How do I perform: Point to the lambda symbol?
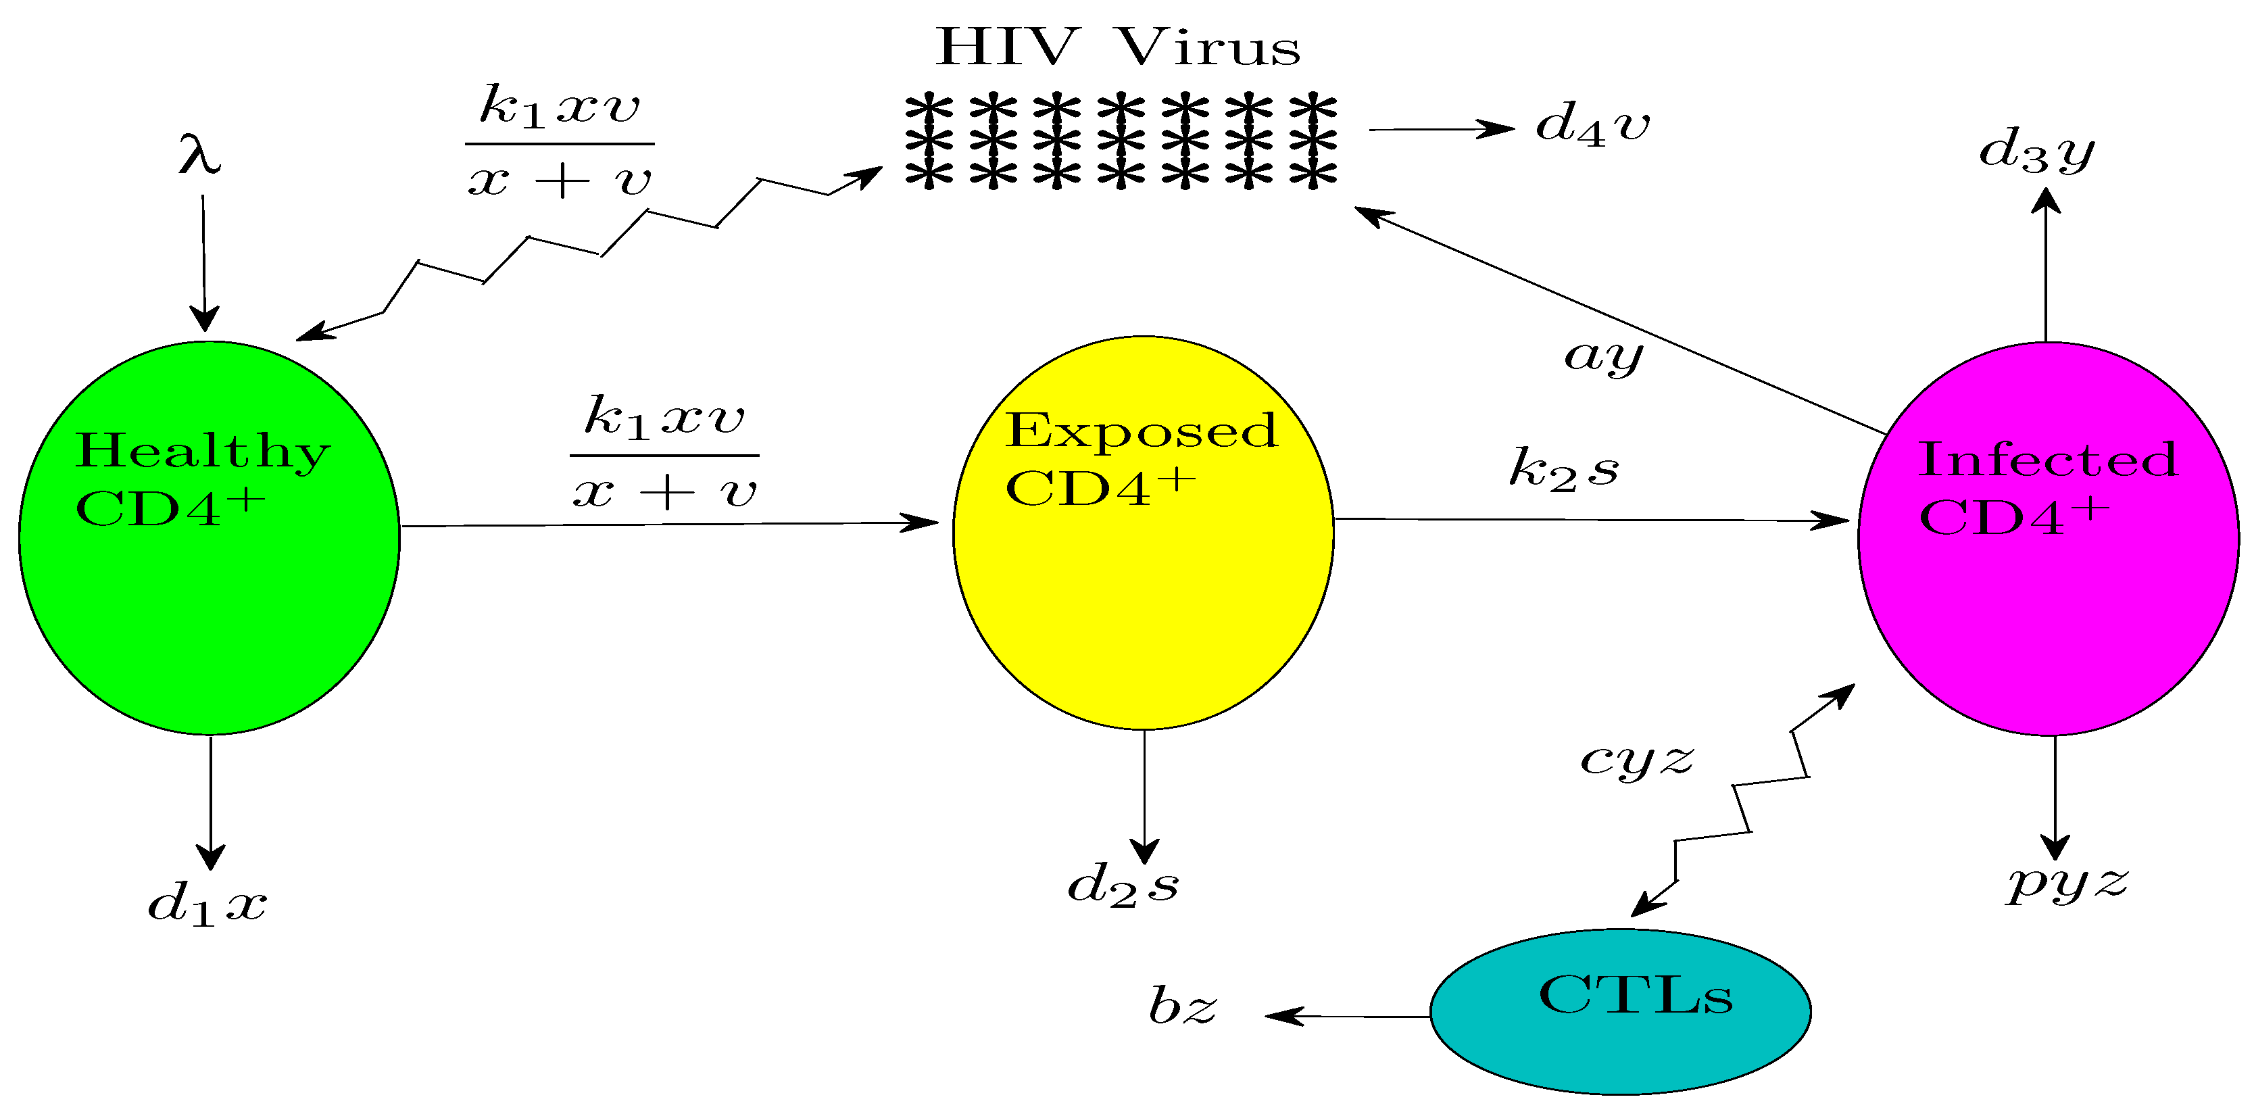199,155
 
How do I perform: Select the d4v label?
1592,124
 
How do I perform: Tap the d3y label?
2036,151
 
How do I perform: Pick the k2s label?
1564,469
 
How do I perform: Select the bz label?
1181,1006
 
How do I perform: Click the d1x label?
207,903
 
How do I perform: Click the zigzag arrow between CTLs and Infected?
1741,801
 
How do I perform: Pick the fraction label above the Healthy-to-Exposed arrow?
664,454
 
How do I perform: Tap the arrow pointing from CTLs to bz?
1348,1016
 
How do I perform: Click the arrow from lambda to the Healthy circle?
204,262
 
